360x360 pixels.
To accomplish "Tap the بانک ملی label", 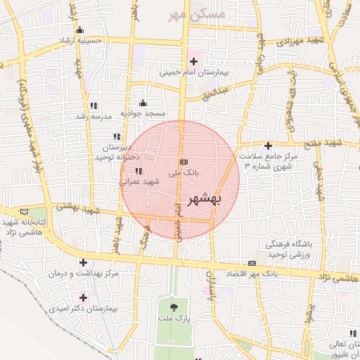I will [x=184, y=171].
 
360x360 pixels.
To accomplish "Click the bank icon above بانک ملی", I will [x=184, y=162].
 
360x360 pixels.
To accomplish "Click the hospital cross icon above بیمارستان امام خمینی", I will [x=194, y=62].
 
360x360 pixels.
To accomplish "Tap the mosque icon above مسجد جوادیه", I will [x=143, y=103].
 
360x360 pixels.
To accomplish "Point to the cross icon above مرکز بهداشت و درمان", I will [x=84, y=262].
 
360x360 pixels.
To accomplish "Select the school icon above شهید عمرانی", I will [x=138, y=171].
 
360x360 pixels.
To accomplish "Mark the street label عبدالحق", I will [x=216, y=92].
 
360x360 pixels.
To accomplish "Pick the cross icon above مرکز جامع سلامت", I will [x=268, y=146].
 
